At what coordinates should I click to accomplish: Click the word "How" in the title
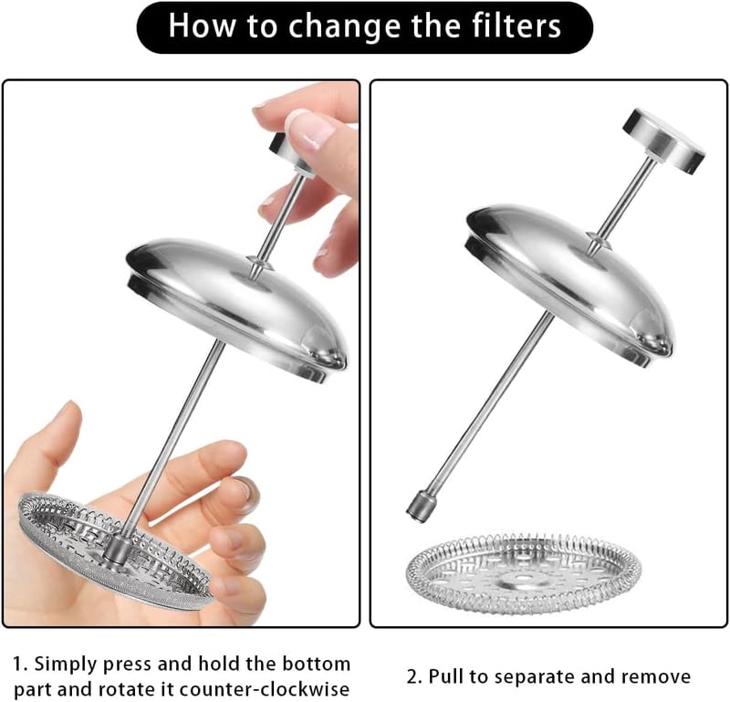click(202, 26)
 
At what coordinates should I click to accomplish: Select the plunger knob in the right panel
click(664, 141)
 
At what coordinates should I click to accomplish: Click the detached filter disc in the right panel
click(524, 573)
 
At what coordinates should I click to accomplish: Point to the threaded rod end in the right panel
click(422, 506)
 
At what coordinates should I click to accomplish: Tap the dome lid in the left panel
click(237, 307)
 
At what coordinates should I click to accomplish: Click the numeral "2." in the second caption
click(415, 676)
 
